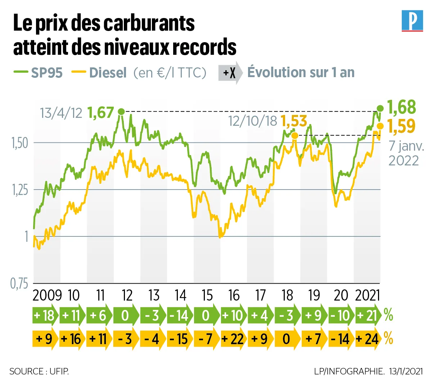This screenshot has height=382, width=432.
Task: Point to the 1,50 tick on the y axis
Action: point(19,143)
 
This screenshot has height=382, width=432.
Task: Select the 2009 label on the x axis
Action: point(47,296)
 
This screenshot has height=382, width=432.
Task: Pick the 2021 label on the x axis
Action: point(368,296)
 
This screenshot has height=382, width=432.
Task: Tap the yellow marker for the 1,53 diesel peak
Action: point(294,136)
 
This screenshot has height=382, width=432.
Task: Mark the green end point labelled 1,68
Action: point(380,108)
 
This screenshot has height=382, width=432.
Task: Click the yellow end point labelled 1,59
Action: point(380,126)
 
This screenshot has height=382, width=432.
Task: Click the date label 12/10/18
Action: point(253,121)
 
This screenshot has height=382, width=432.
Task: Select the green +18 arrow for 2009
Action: point(45,316)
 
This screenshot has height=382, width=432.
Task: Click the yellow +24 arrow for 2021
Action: point(368,339)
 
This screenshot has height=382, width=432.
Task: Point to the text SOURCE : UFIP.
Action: point(39,371)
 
